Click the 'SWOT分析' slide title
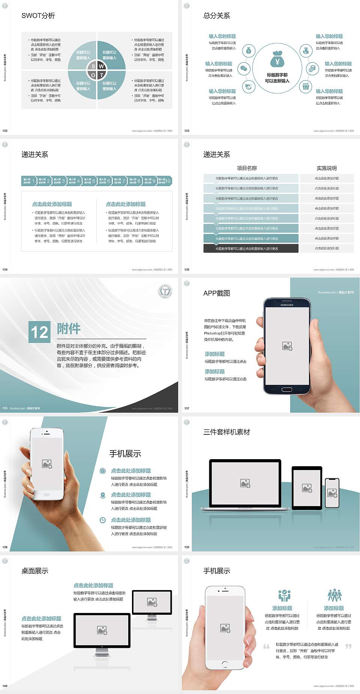[x=38, y=16]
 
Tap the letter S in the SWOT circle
[x=93, y=66]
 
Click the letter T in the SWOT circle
[x=102, y=75]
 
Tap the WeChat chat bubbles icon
[x=244, y=68]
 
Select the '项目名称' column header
[x=247, y=168]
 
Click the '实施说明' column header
[x=327, y=168]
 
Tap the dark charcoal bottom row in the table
[x=251, y=248]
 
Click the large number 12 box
[x=39, y=332]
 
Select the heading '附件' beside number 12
[x=69, y=329]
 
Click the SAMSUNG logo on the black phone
[x=287, y=305]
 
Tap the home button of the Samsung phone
[x=287, y=389]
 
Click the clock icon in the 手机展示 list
[x=103, y=520]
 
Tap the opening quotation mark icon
[x=266, y=646]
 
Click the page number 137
[x=187, y=408]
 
